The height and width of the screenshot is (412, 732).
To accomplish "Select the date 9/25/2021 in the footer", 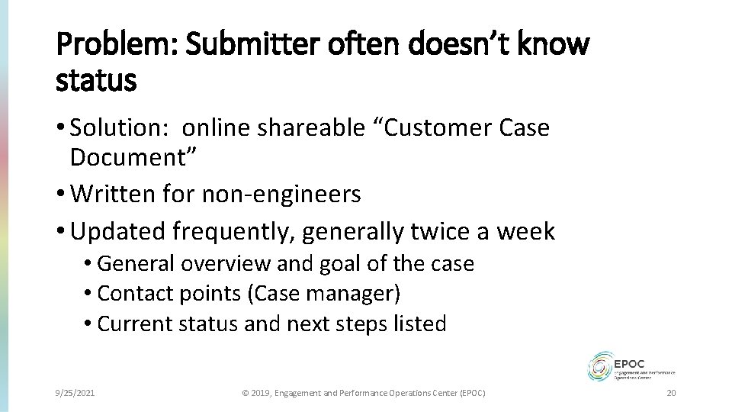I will click(x=76, y=393).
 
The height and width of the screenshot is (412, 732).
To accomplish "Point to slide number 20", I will click(x=671, y=393).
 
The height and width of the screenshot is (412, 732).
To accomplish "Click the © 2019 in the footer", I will click(x=255, y=393).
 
